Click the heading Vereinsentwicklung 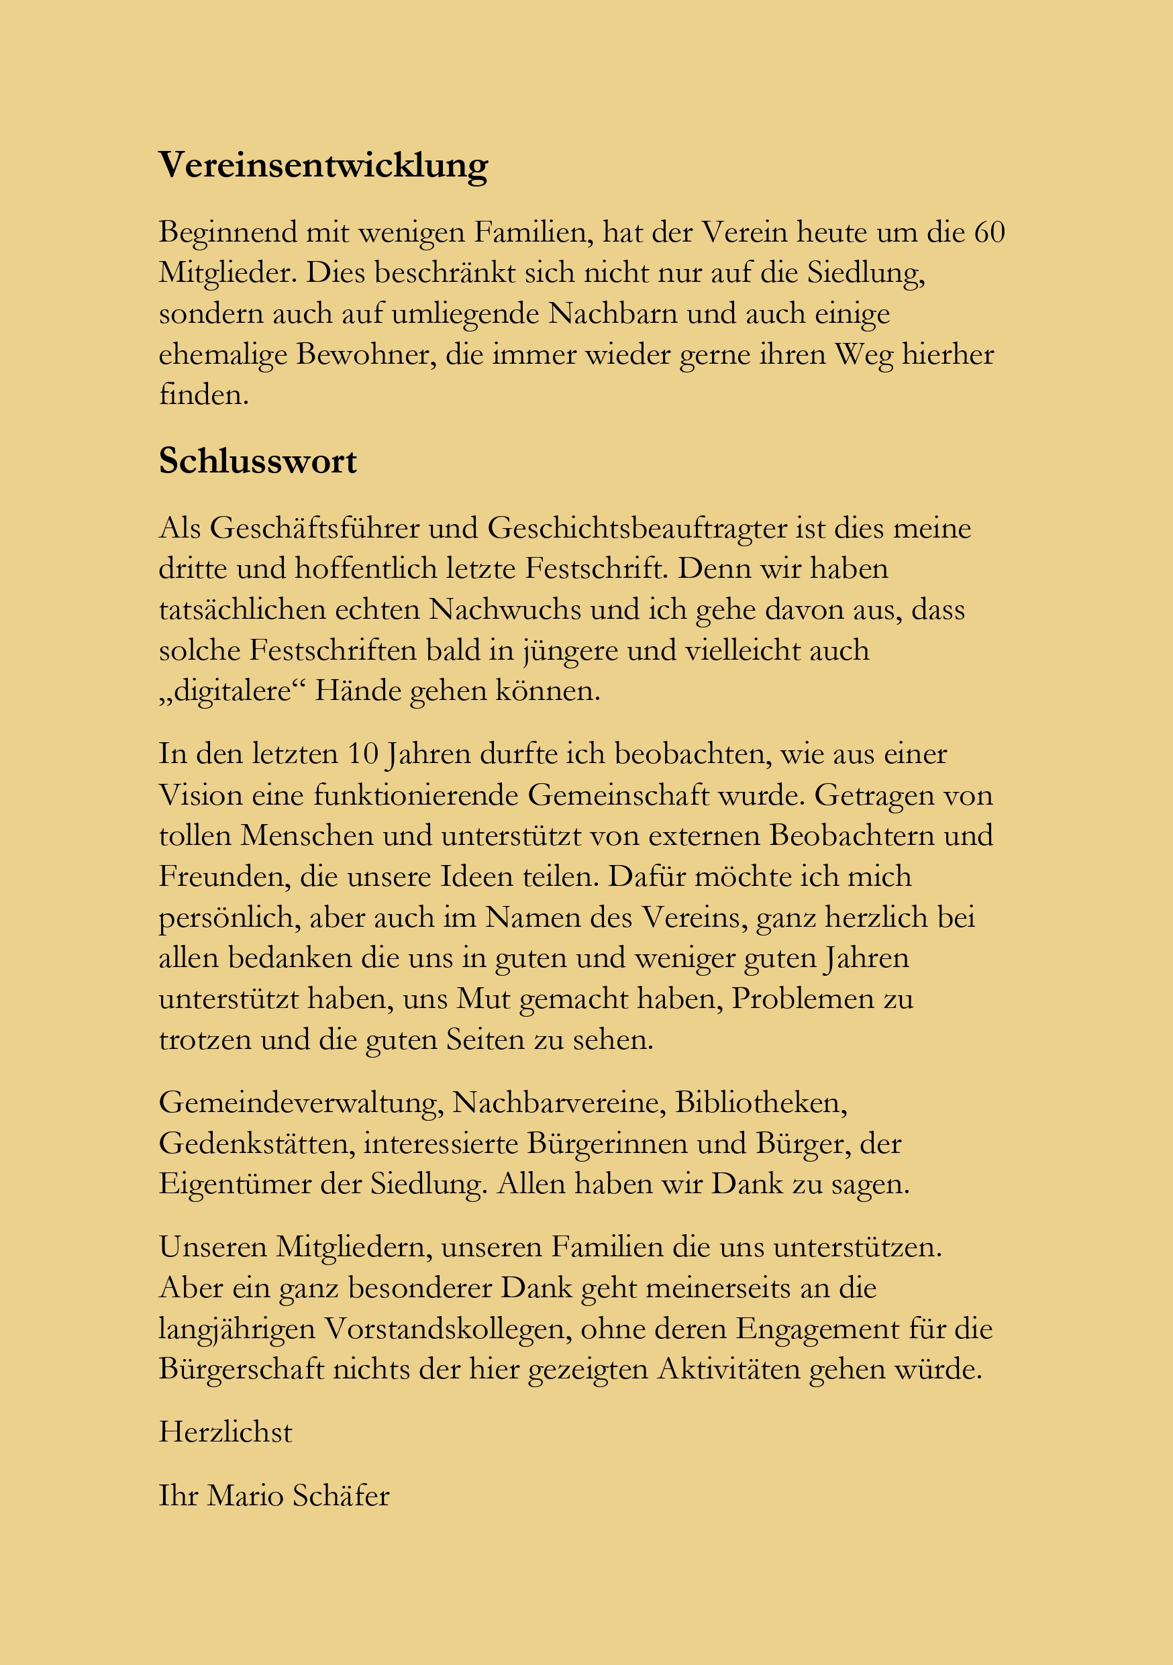tap(323, 165)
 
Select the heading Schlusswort tap(258, 462)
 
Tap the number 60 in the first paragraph tap(989, 233)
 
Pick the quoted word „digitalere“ tap(233, 691)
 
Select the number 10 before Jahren tap(362, 754)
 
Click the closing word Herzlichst tap(225, 1432)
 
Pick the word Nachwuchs tap(505, 610)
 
